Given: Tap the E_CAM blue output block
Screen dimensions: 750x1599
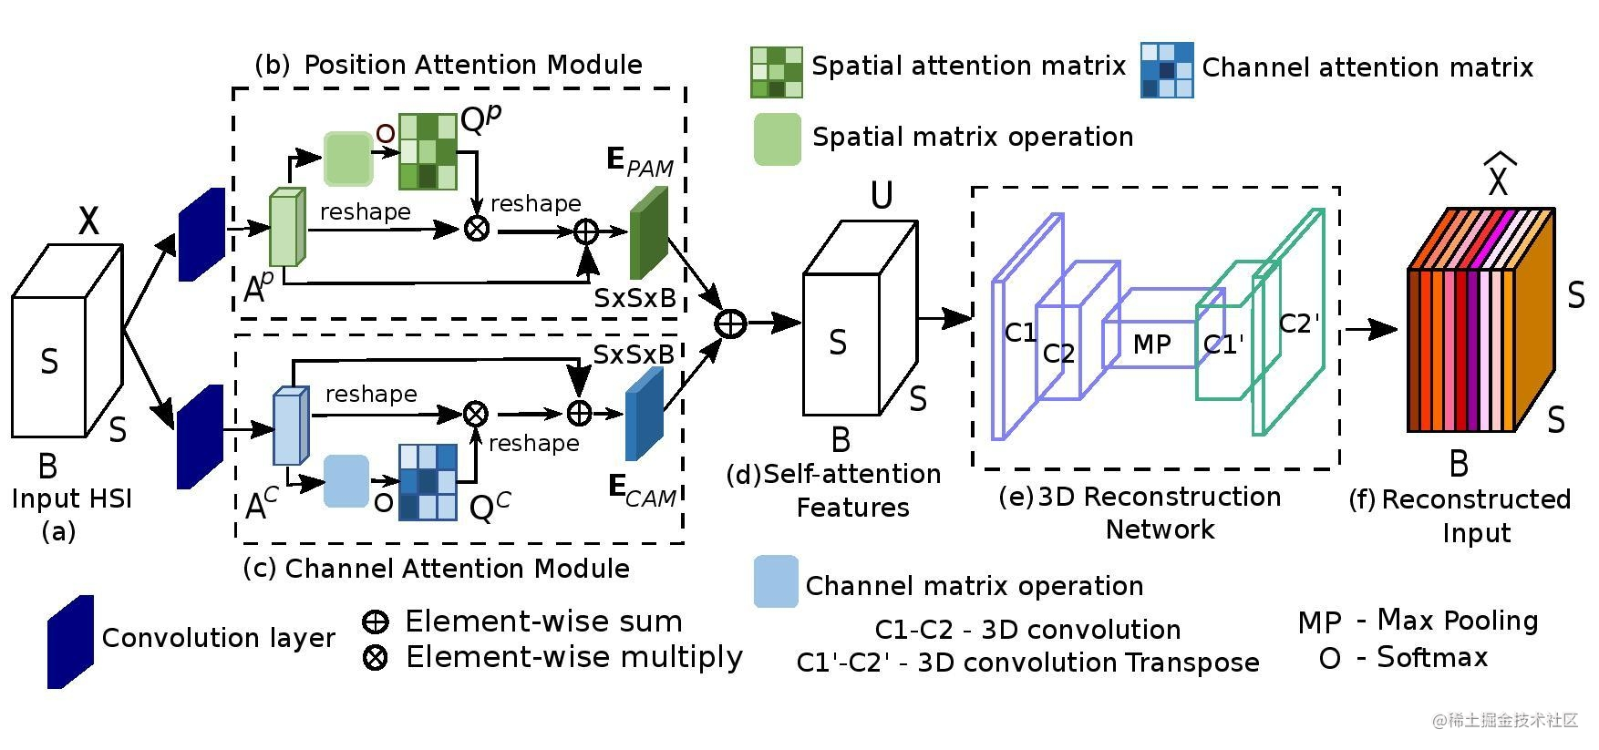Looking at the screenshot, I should tap(644, 414).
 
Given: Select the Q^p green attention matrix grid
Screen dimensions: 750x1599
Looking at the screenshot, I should tap(428, 151).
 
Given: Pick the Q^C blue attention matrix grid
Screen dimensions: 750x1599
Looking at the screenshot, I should tap(428, 482).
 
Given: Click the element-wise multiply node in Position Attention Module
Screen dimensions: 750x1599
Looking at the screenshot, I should tap(476, 228).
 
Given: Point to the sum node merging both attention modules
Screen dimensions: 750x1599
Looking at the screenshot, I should tap(730, 323).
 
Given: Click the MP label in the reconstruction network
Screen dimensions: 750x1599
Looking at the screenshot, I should tap(1151, 344).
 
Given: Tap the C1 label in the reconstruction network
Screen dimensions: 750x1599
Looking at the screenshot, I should tap(1020, 333).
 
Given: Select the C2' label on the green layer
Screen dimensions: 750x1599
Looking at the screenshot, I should tap(1299, 324).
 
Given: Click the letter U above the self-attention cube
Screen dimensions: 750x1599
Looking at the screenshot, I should tap(882, 195).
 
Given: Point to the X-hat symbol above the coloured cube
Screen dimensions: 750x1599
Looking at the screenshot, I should tap(1499, 177).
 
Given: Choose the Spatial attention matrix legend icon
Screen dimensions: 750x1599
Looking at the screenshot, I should tap(777, 72).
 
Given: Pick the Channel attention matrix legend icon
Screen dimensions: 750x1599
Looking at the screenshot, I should tap(1167, 70).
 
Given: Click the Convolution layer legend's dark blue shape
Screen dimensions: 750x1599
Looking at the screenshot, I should tap(71, 642).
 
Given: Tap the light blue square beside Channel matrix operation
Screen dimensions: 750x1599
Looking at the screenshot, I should tap(776, 581).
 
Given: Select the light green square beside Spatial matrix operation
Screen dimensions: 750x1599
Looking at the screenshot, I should tap(778, 139).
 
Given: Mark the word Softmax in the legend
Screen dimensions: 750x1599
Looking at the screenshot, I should tap(1432, 657).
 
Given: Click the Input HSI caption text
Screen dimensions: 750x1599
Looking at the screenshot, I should tap(72, 499).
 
